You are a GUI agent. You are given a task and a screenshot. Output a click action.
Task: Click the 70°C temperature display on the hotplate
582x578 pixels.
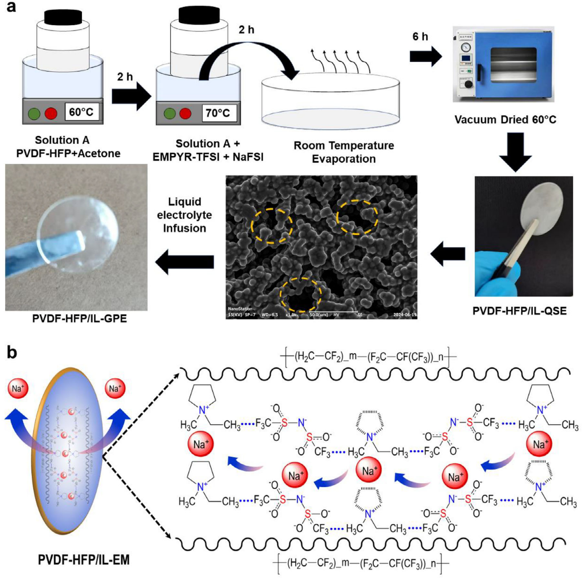coord(218,113)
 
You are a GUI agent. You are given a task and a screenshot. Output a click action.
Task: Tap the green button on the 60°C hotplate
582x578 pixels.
coord(34,114)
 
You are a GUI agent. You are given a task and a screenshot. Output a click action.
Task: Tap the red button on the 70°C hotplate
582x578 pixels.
coord(185,114)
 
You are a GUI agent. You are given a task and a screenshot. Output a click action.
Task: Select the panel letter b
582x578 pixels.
coord(11,353)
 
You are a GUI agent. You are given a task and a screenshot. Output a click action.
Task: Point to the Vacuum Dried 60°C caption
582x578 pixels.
coord(505,120)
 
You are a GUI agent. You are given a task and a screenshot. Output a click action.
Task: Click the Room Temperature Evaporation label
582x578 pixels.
coord(344,152)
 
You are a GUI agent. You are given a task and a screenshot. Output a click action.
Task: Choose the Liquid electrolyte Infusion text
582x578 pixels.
coord(185,215)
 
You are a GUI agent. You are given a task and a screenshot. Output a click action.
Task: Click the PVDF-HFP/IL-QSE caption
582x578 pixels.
coord(519,311)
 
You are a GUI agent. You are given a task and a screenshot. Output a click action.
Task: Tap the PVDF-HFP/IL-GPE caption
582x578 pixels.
coord(79,318)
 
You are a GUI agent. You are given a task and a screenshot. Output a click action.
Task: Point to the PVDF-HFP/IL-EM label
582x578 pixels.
coord(84,560)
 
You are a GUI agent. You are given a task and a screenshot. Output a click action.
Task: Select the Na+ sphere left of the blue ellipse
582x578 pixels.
coord(18,389)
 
